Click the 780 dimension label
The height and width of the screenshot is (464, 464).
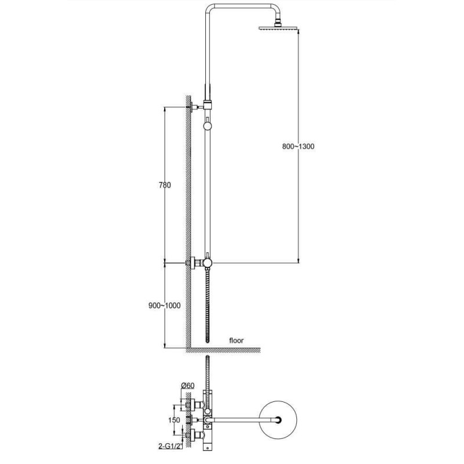(165, 185)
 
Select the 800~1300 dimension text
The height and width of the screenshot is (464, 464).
(298, 147)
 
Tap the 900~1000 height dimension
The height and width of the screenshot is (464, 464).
(165, 306)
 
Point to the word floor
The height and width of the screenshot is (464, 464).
(237, 340)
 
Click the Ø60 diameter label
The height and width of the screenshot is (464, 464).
(187, 385)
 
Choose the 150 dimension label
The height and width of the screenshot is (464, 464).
(174, 420)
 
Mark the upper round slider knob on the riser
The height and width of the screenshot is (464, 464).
(208, 126)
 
